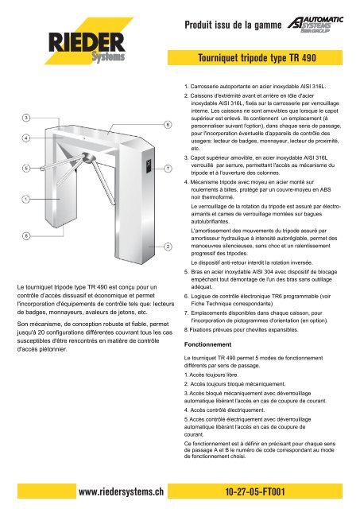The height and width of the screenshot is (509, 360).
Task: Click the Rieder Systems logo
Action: (87, 41)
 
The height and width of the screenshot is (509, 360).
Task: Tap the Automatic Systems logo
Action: (315, 25)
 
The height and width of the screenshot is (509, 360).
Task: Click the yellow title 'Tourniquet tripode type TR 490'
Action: (257, 58)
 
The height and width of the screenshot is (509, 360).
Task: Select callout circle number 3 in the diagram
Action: (26, 118)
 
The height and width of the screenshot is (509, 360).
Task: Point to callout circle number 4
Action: (26, 138)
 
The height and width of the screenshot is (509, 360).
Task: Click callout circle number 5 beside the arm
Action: (26, 168)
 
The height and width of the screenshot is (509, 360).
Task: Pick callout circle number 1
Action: (26, 199)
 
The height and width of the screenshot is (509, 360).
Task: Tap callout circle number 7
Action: (168, 169)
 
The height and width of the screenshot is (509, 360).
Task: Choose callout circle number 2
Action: (168, 247)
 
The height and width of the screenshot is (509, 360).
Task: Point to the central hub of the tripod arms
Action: (88, 157)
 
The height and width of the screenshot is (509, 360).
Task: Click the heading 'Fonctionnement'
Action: (207, 344)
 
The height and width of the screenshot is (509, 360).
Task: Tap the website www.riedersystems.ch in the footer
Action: (121, 492)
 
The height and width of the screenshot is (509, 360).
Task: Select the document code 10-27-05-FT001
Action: (255, 492)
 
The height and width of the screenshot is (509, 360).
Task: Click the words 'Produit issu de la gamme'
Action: (233, 25)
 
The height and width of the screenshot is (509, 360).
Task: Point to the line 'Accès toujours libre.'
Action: (211, 375)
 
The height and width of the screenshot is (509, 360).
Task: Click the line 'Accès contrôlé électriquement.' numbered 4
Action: (224, 410)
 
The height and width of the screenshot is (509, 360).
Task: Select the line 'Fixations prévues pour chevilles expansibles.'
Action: (241, 330)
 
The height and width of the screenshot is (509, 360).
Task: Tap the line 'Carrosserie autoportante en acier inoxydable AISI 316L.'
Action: (255, 87)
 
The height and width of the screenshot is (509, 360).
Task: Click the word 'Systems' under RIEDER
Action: (108, 56)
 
